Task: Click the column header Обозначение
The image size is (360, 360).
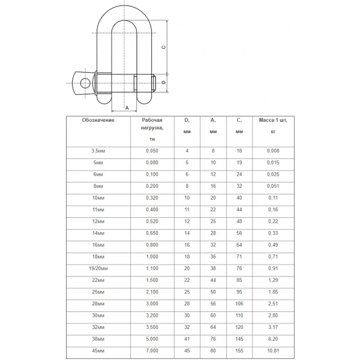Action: (x=98, y=120)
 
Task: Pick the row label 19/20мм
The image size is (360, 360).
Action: (x=98, y=268)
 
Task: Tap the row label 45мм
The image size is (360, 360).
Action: (x=98, y=350)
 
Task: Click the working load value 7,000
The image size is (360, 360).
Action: (x=152, y=350)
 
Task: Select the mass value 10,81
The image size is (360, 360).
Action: (x=273, y=350)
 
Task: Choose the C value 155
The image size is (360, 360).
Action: (x=239, y=350)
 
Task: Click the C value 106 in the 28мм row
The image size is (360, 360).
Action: (x=239, y=303)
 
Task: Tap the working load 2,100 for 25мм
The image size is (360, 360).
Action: (x=152, y=291)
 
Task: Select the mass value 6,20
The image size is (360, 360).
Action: (x=273, y=338)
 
